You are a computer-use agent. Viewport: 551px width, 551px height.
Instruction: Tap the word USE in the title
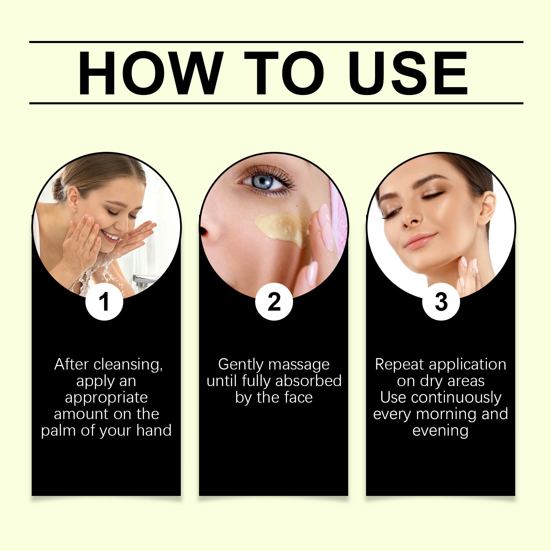(x=408, y=73)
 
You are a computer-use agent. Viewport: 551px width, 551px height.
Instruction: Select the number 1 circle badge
(x=104, y=302)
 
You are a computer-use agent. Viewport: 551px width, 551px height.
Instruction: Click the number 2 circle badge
(x=274, y=302)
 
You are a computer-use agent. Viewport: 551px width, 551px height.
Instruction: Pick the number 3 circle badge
(x=441, y=302)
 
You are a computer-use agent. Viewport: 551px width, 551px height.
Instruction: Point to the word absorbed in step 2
(x=308, y=381)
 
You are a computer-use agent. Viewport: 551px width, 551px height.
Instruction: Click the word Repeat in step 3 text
(x=399, y=365)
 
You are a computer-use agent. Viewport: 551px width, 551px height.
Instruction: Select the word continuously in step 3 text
(x=456, y=398)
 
